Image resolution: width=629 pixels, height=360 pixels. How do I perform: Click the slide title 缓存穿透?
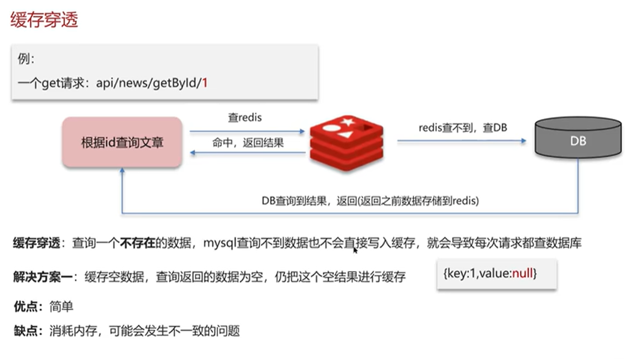click(x=44, y=20)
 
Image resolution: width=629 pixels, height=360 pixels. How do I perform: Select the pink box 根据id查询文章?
click(x=122, y=142)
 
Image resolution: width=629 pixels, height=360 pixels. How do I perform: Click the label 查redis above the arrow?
click(x=245, y=118)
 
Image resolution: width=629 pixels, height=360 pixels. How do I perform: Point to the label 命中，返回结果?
click(x=248, y=142)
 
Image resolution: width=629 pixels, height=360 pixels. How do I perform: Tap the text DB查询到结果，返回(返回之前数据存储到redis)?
click(x=371, y=201)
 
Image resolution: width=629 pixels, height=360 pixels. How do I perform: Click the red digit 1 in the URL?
click(x=205, y=84)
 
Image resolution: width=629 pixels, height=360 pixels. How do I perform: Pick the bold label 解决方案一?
click(x=42, y=276)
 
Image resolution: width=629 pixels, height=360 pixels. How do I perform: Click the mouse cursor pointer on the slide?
click(x=355, y=249)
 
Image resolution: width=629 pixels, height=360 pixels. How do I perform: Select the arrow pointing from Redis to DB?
click(x=461, y=141)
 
